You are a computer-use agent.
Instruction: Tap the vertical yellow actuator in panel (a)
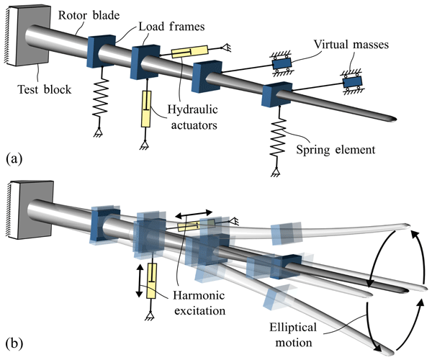[x=147, y=110]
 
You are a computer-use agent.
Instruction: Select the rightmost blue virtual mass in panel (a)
[x=353, y=83]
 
